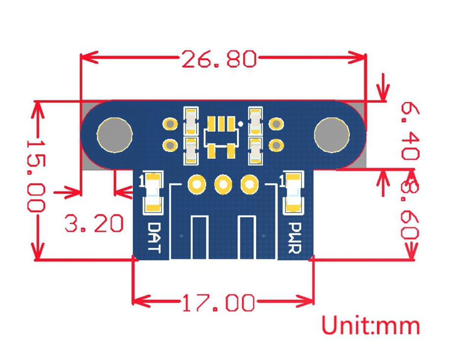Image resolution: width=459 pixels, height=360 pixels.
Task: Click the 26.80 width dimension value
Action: pyautogui.click(x=219, y=59)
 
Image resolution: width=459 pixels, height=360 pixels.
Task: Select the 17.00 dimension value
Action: pyautogui.click(x=219, y=302)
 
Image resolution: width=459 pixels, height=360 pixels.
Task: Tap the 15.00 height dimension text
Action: pyautogui.click(x=36, y=176)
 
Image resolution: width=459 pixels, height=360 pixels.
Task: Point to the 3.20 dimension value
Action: pyautogui.click(x=94, y=223)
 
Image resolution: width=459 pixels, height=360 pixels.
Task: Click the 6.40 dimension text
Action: pyautogui.click(x=410, y=131)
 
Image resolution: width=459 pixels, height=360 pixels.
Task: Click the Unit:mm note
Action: pyautogui.click(x=371, y=325)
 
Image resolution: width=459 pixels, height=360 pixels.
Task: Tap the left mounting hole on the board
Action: pyautogui.click(x=115, y=135)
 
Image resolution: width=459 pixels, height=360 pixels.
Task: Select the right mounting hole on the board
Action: pyautogui.click(x=332, y=135)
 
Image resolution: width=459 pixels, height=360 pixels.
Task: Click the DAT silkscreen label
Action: pyautogui.click(x=153, y=237)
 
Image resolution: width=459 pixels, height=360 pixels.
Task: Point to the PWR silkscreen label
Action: pyautogui.click(x=295, y=238)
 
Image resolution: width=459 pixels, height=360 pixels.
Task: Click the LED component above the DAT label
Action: pyautogui.click(x=153, y=193)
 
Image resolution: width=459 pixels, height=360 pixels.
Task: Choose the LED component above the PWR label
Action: pyautogui.click(x=294, y=193)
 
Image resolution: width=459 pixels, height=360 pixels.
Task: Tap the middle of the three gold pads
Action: pyautogui.click(x=224, y=185)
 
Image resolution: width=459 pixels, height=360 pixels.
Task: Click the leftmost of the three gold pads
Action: pyautogui.click(x=197, y=185)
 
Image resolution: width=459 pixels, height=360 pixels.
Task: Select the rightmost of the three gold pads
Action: pyautogui.click(x=249, y=185)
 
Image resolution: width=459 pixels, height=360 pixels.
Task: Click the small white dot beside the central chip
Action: pyautogui.click(x=240, y=124)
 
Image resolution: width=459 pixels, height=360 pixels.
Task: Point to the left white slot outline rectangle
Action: pyautogui.click(x=200, y=238)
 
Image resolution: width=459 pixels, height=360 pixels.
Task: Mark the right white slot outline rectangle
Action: pyautogui.click(x=247, y=238)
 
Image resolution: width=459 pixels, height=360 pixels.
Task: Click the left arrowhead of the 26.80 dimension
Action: pyautogui.click(x=89, y=57)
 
